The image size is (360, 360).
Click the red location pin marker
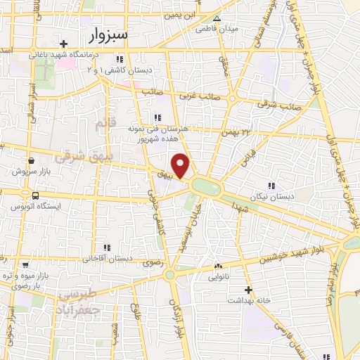pos(181,166)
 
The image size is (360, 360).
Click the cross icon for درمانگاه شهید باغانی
pos(63,44)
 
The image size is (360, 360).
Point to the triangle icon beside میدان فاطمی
pos(217,19)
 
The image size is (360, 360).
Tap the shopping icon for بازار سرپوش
pos(31,160)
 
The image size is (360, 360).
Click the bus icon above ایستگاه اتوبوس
pos(34,195)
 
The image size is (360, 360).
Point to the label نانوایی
pos(217,277)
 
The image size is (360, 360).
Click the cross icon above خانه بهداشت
pos(247,289)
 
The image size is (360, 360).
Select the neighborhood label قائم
pos(102,124)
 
